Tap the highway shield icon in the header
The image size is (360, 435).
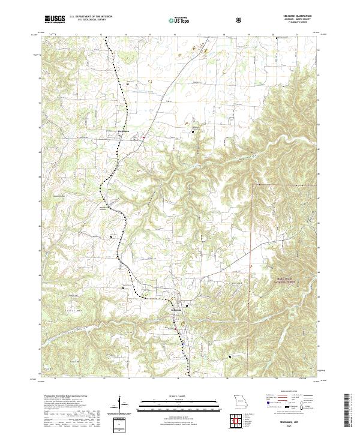pyautogui.click(x=239, y=20)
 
